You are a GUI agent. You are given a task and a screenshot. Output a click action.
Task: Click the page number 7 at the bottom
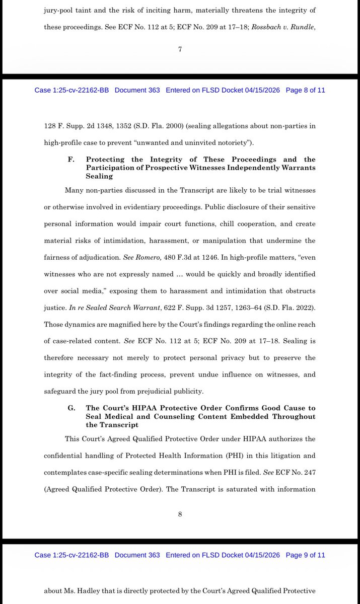tap(180, 49)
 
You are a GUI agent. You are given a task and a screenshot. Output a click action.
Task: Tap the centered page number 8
tap(180, 514)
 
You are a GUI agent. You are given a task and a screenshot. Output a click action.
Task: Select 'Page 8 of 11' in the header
tap(305, 90)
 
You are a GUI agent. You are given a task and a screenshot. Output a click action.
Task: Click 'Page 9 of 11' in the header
tap(305, 555)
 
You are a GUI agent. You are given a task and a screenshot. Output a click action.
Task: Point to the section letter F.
tap(70, 160)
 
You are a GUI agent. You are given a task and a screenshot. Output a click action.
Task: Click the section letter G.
tap(70, 408)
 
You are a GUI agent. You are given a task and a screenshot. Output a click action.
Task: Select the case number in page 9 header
tap(71, 555)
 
